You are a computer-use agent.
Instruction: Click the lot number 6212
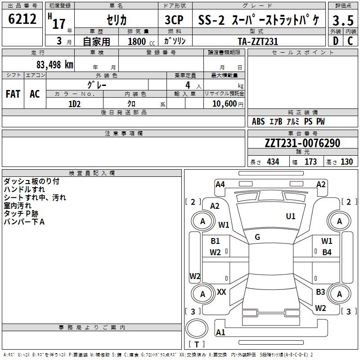point(22,19)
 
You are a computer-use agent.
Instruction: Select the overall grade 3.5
point(343,20)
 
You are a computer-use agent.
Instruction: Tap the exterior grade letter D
point(336,41)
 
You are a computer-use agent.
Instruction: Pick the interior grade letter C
point(350,41)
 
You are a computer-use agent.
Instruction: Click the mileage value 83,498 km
point(55,65)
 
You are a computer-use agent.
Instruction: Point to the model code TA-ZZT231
point(258,41)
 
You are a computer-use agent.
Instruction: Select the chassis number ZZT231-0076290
point(302,143)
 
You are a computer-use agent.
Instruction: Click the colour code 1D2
point(75,104)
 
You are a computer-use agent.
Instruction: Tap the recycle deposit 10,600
point(225,104)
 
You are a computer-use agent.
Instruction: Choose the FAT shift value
point(13,94)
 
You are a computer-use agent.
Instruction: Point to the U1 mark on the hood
point(291,216)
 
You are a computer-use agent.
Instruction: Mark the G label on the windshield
point(257,237)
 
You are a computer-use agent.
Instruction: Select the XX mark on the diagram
point(221,292)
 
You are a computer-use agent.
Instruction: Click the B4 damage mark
point(327,252)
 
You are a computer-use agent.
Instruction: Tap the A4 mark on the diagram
point(220,184)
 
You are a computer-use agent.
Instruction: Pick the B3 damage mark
point(320,292)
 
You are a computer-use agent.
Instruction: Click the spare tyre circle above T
point(197,328)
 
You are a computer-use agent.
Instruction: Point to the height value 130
point(346,162)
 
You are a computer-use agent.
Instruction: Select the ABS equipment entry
point(258,121)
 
